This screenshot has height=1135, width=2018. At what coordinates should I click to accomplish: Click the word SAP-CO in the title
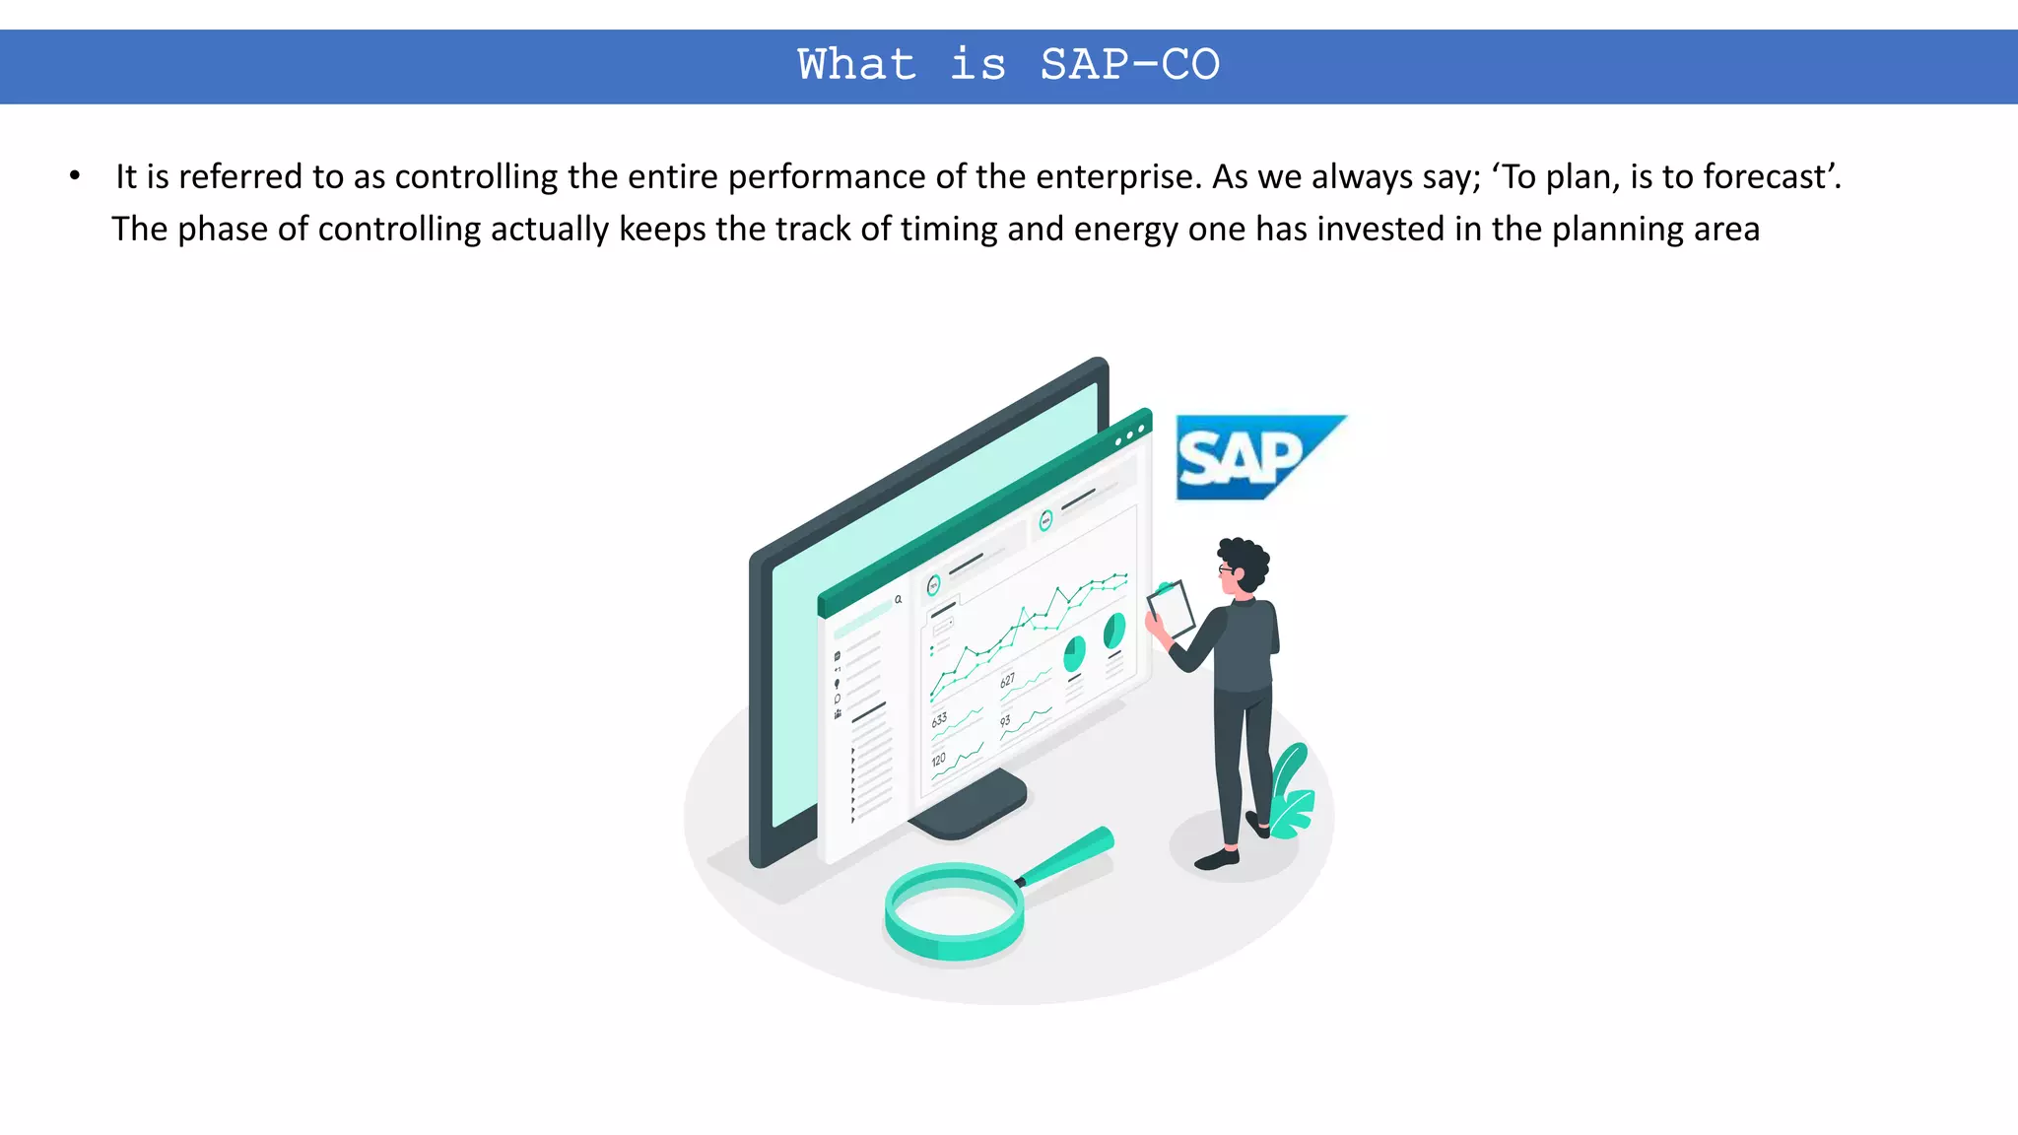(1129, 66)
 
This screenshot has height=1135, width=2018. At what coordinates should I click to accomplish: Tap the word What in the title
(856, 66)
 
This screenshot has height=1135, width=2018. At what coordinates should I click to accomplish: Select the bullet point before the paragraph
(75, 177)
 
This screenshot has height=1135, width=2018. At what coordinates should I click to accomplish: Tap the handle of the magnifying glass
(1070, 852)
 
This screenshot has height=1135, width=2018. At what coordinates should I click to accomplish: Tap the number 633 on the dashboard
(939, 719)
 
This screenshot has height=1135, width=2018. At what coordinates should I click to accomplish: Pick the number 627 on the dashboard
(1007, 680)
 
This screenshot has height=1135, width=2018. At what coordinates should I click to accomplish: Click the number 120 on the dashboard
(938, 760)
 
